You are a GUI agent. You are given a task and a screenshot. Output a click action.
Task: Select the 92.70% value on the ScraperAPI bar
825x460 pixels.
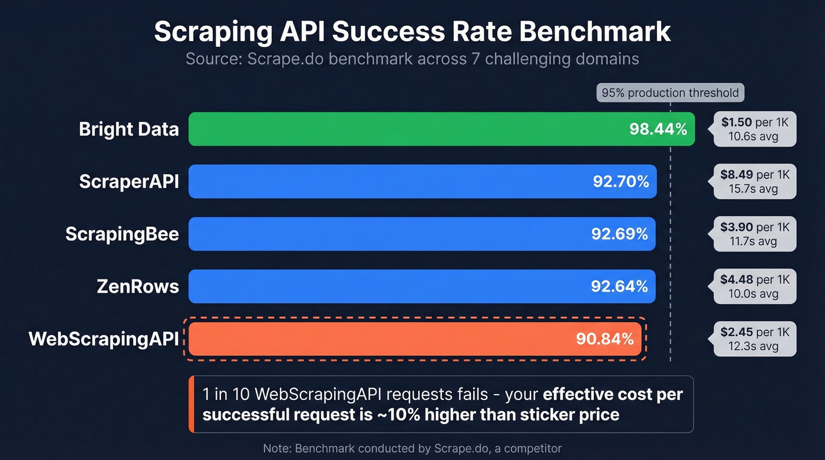(621, 181)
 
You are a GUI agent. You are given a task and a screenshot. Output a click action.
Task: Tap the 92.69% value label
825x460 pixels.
(619, 234)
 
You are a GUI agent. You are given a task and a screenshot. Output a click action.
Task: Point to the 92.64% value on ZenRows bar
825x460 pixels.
(619, 286)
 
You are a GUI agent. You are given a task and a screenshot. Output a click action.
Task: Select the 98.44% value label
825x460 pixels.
(658, 129)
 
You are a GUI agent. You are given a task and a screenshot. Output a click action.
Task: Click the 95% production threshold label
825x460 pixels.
(670, 93)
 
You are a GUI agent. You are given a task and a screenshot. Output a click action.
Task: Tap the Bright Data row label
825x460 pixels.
(128, 129)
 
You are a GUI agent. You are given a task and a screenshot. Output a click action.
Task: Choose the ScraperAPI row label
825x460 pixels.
(128, 181)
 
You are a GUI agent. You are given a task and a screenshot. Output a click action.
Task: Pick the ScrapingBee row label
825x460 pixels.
(122, 234)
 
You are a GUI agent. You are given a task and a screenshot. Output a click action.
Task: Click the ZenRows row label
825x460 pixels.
(137, 286)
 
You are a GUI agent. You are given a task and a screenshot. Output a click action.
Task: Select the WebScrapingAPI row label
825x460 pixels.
(104, 339)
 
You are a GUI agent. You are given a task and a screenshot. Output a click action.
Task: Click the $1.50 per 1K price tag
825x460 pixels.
(754, 129)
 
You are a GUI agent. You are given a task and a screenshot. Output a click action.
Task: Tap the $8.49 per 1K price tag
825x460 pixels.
(754, 181)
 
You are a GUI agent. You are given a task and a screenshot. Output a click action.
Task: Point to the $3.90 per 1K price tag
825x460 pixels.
(754, 234)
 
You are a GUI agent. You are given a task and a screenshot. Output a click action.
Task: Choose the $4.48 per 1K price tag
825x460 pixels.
(754, 286)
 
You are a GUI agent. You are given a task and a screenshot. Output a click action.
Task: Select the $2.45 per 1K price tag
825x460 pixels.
(754, 339)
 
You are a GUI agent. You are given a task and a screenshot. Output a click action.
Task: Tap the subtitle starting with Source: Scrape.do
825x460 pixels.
(412, 59)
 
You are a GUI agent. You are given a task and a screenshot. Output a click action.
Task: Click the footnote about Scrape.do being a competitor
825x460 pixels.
(412, 448)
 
